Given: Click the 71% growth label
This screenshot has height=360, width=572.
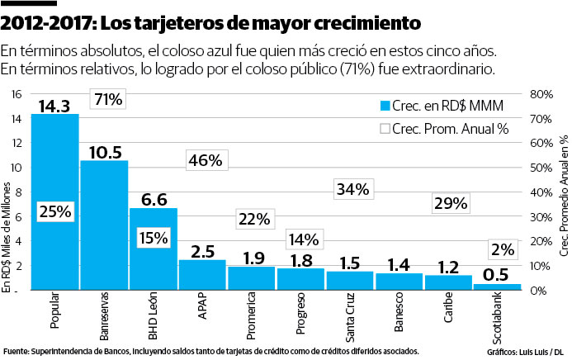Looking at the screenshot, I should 108,100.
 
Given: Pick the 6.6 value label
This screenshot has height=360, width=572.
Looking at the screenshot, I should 154,200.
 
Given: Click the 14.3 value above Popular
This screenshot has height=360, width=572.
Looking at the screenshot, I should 55,106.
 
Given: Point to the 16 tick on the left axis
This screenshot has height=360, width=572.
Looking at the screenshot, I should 16,94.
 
